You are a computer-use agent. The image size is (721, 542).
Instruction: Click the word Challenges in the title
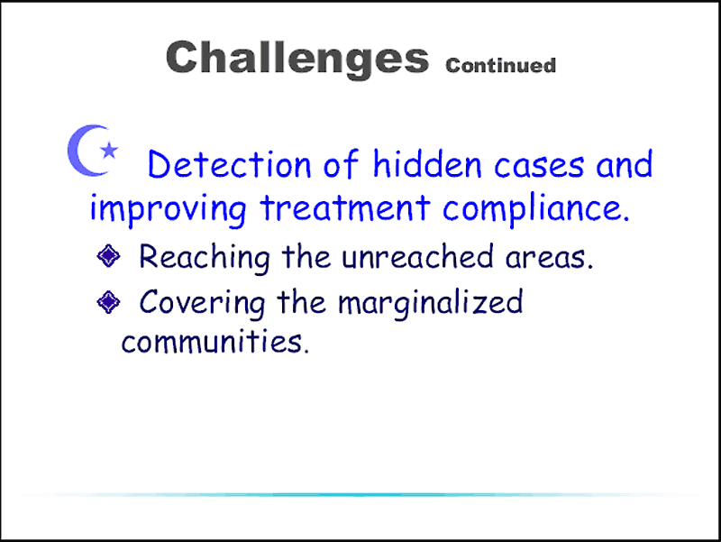[x=297, y=58]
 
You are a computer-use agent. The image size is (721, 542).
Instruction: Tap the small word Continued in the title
[x=501, y=65]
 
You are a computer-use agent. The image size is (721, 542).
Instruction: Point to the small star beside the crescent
[x=109, y=150]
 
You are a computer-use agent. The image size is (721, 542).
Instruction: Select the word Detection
[x=230, y=164]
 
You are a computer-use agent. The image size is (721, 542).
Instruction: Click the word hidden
[x=427, y=163]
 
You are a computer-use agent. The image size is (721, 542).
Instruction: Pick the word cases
[x=539, y=166]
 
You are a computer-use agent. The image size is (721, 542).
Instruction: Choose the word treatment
[x=345, y=207]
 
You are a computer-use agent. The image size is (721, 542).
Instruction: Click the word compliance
[x=535, y=210]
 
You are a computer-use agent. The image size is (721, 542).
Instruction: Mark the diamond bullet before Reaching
[x=108, y=256]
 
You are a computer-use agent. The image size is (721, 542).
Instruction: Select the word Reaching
[x=205, y=258]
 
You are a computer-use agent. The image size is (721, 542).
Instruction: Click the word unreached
[x=417, y=257]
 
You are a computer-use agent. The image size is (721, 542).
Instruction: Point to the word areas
[x=550, y=259]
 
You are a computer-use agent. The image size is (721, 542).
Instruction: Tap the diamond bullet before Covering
[x=108, y=302]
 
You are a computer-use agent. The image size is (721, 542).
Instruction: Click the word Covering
[x=202, y=303]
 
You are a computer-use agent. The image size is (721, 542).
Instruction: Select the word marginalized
[x=431, y=303]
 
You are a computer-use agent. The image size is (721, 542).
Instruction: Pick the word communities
[x=215, y=342]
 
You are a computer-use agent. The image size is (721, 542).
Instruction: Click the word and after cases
[x=624, y=164]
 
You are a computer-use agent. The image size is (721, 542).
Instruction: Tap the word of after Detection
[x=341, y=164]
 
